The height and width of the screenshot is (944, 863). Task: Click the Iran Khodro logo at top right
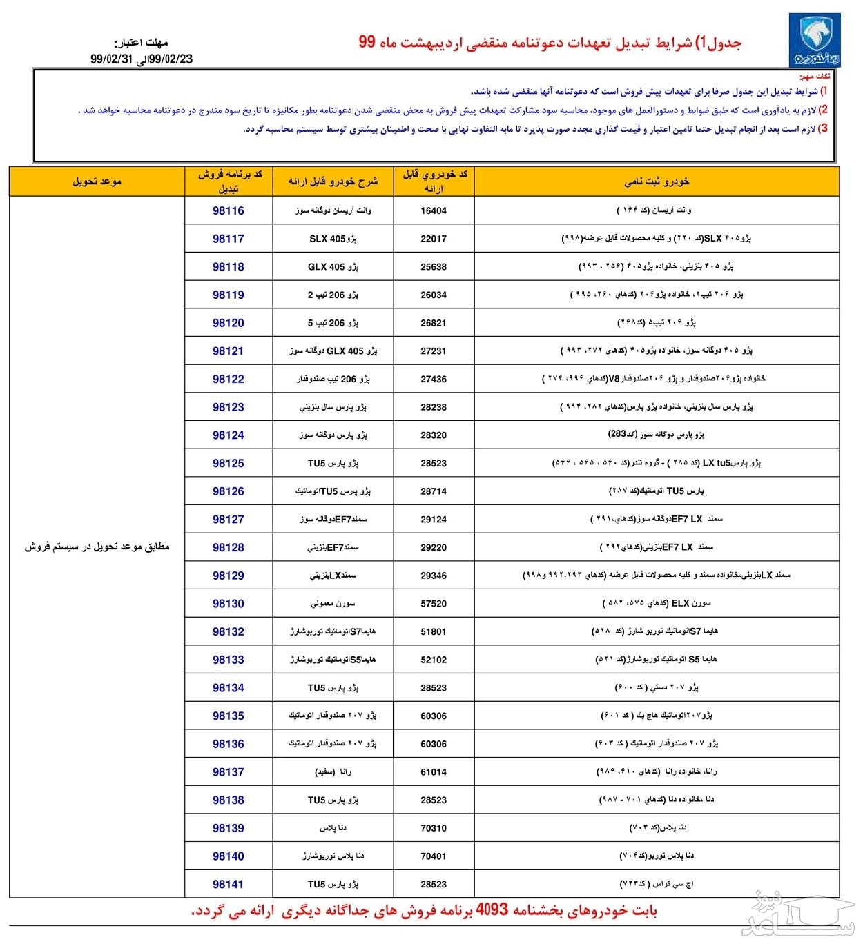815,41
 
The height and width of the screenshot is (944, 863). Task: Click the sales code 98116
229,210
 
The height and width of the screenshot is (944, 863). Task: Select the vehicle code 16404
434,211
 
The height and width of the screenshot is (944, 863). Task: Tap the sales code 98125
229,463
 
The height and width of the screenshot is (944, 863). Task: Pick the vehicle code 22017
434,239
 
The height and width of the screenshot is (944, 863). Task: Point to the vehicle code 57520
434,604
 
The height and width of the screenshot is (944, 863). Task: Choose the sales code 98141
229,884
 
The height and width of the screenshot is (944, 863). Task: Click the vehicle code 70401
434,856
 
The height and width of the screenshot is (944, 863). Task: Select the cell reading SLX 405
333,239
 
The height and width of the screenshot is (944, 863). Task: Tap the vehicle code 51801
434,631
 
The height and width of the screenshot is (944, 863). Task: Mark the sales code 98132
229,631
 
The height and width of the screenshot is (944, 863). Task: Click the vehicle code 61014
434,772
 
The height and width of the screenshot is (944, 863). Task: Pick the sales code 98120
229,323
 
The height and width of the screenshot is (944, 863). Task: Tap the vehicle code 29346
434,576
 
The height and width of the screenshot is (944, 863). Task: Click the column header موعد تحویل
97,181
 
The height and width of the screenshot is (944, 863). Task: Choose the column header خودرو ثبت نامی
657,181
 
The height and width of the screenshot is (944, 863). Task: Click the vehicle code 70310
434,828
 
